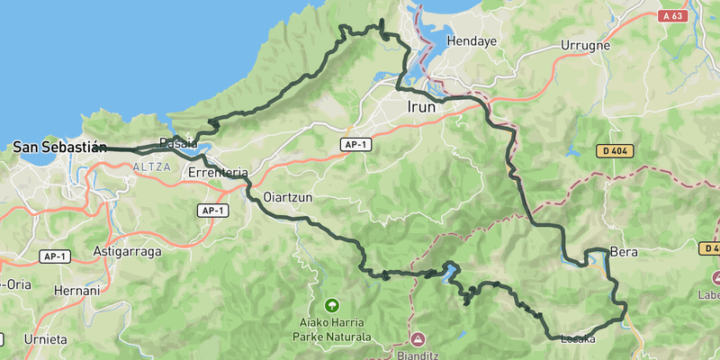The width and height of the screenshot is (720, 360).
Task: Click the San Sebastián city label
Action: click(x=59, y=147)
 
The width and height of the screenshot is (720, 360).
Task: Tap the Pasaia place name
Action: click(x=177, y=143)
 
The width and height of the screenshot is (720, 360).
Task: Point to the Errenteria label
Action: click(x=218, y=172)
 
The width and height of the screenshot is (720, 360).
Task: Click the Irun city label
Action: click(x=421, y=107)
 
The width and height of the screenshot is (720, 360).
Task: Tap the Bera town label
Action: click(x=624, y=252)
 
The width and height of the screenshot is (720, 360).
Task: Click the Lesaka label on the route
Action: click(x=578, y=339)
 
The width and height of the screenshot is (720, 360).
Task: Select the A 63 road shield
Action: click(x=672, y=15)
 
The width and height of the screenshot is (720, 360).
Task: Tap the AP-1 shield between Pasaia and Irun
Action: click(x=355, y=144)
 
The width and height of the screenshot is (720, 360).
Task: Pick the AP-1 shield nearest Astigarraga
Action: click(x=55, y=256)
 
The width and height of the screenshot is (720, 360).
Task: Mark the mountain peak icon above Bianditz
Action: click(x=418, y=339)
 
